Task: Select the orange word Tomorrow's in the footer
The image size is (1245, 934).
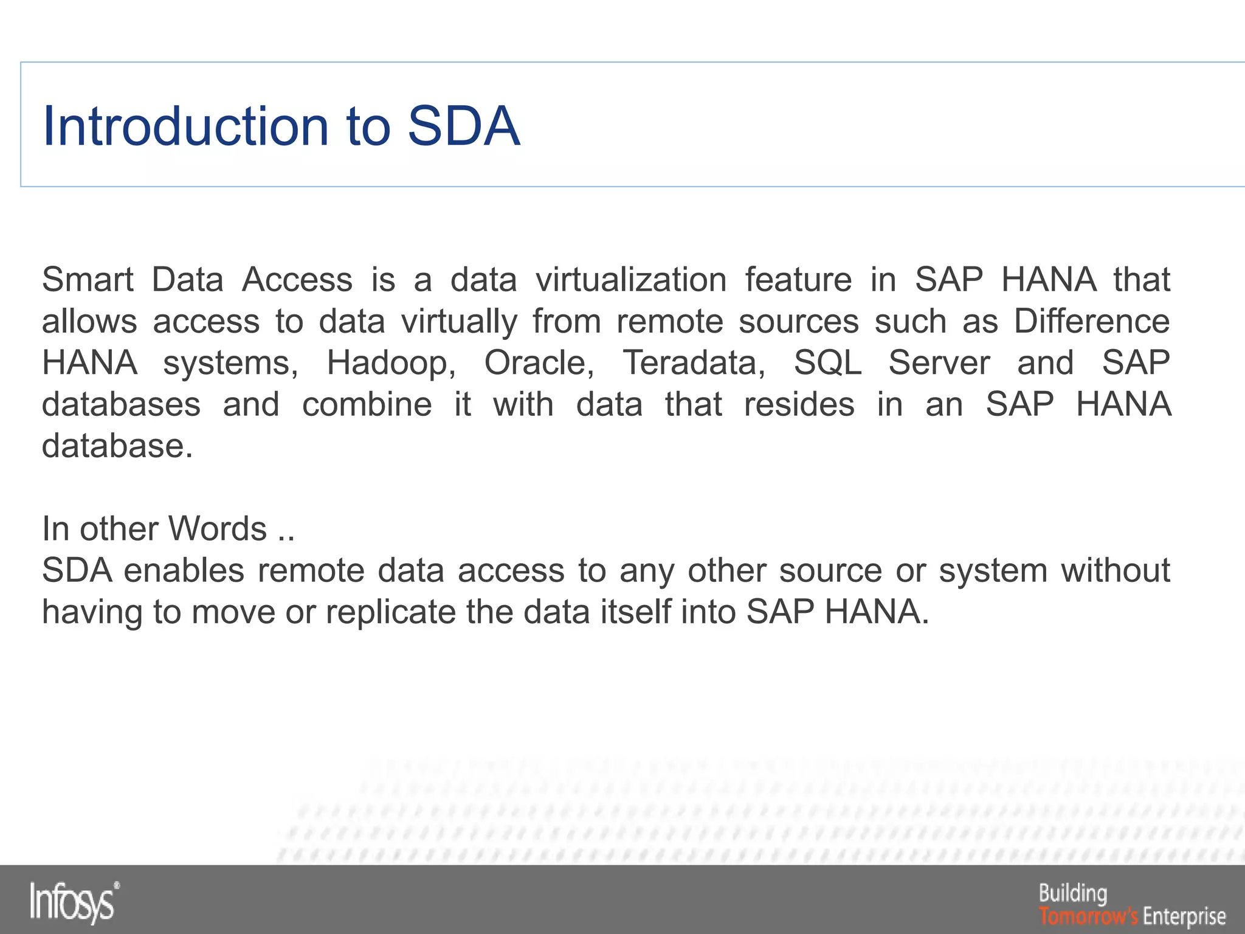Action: [1088, 916]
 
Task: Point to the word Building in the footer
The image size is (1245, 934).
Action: [1073, 894]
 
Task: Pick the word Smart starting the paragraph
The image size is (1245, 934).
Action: [88, 280]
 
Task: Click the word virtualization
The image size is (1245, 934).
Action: [630, 280]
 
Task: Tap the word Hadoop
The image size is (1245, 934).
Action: [391, 363]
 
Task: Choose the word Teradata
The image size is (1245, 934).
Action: [694, 363]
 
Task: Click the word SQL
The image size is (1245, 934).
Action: [827, 363]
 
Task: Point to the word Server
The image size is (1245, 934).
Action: [939, 363]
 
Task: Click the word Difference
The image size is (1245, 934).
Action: [1091, 321]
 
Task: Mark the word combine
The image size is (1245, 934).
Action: [367, 404]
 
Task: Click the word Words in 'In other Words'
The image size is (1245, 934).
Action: [218, 528]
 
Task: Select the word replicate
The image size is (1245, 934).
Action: [391, 612]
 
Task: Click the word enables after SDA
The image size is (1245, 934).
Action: [184, 570]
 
